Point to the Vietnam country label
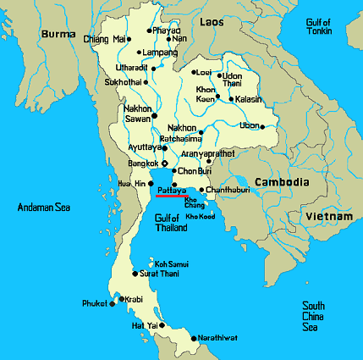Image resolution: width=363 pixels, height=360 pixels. coord(330,217)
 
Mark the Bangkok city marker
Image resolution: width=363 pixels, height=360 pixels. coord(164,163)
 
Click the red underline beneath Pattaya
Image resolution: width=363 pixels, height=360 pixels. coord(172,197)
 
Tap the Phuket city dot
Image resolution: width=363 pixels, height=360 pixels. coord(112,304)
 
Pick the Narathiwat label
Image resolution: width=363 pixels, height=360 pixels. coord(217,338)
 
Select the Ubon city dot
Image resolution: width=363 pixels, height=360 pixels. coord(263,127)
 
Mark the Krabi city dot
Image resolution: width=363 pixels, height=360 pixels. coord(122,298)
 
